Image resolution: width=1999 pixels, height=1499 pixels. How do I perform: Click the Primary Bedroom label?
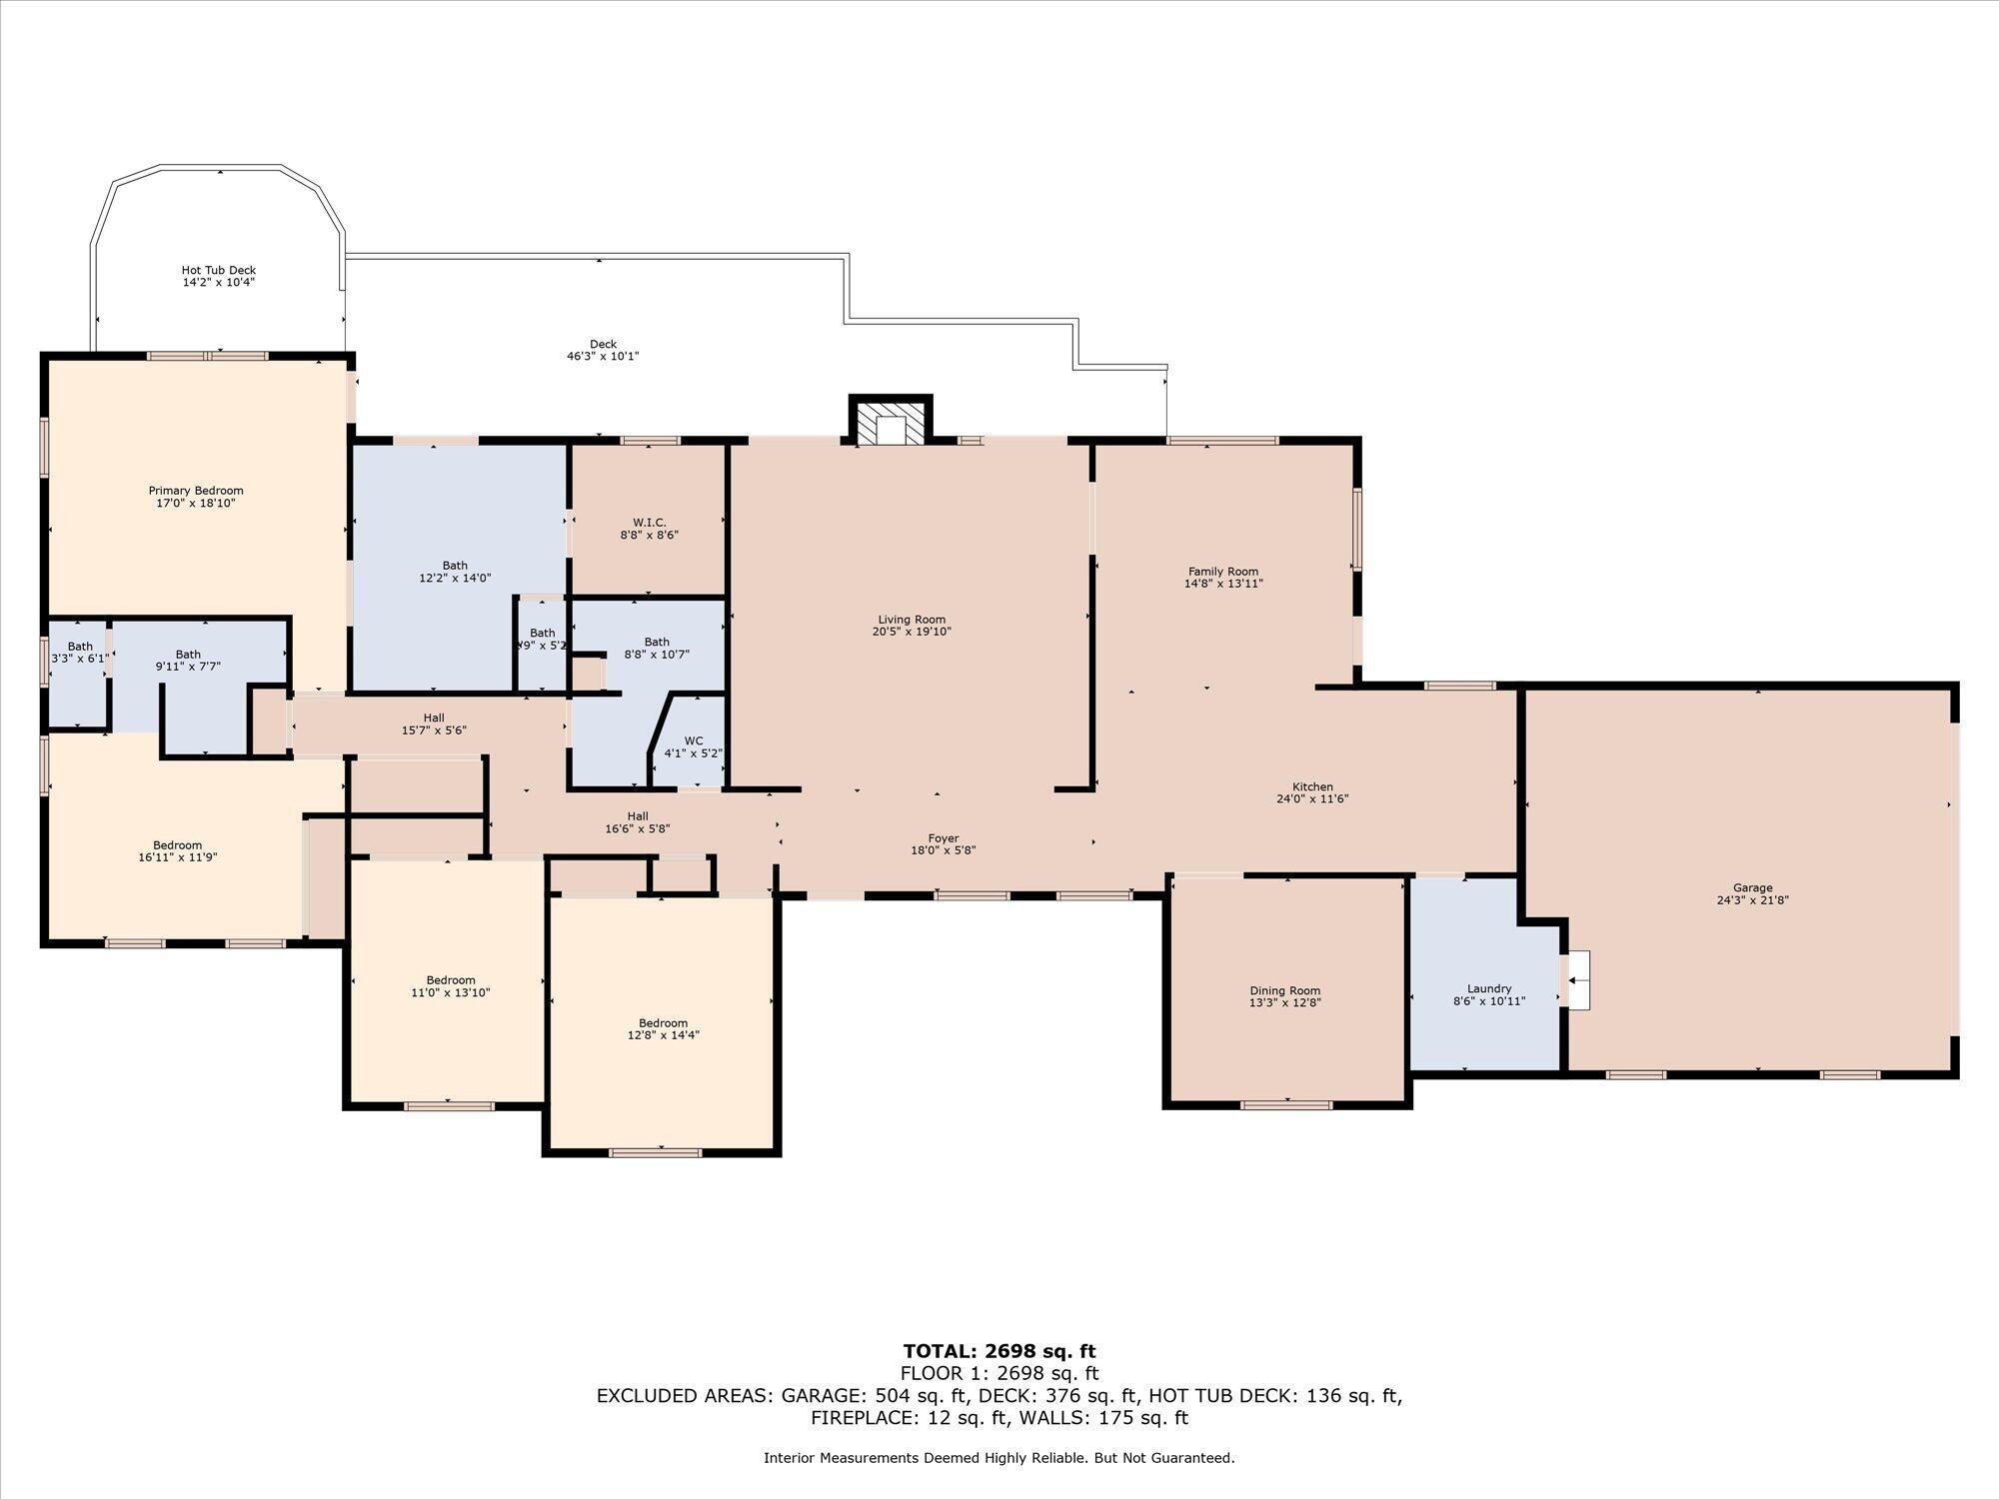pos(196,491)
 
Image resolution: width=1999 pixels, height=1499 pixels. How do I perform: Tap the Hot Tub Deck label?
pos(219,270)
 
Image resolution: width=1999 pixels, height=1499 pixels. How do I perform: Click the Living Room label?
pos(912,620)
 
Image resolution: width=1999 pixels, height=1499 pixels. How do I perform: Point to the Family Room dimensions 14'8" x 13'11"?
pos(1223,584)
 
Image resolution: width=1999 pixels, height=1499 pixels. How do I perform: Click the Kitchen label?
pos(1312,786)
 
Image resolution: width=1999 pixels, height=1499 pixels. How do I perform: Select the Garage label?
pos(1752,887)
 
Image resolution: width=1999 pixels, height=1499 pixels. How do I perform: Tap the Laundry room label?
pos(1489,988)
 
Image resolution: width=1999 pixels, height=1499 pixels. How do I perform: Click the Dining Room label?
pos(1284,990)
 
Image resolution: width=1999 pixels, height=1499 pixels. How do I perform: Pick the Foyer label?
pos(944,838)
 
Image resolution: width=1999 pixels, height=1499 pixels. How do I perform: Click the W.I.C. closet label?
pos(650,523)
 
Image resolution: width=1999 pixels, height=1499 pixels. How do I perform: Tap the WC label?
pos(694,741)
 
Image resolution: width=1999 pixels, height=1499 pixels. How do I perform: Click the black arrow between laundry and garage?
pos(1577,980)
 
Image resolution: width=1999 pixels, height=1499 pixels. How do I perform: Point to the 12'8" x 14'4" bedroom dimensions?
pos(663,1035)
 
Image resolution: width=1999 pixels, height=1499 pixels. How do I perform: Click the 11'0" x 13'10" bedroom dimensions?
pos(451,992)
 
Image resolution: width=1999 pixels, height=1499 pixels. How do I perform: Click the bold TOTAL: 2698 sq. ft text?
pos(999,1352)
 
